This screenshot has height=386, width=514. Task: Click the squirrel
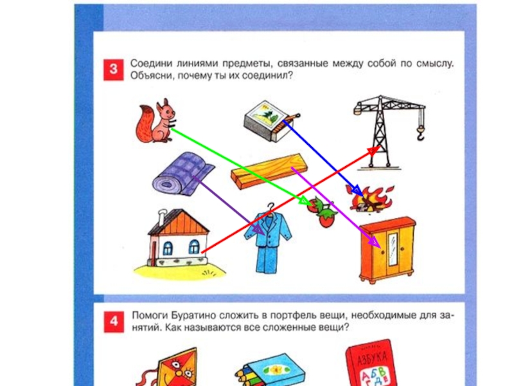tap(155, 122)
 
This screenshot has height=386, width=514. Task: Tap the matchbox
tap(270, 120)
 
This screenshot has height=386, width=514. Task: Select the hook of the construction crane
tap(421, 134)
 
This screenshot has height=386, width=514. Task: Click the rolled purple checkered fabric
tap(182, 174)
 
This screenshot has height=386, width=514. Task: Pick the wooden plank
tap(269, 171)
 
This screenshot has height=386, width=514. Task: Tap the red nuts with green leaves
tap(323, 212)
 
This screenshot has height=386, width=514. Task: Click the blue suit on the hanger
tap(268, 239)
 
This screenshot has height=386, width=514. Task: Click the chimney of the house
tap(163, 217)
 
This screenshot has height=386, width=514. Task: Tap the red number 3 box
tap(114, 69)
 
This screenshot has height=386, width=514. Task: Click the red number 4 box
tap(114, 322)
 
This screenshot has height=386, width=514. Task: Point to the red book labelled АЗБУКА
tap(371, 363)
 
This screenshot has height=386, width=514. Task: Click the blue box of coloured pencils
tap(271, 371)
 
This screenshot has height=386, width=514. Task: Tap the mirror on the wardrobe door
tap(393, 248)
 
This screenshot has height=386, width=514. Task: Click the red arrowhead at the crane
tap(373, 151)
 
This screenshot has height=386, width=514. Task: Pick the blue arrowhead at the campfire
tap(357, 191)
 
